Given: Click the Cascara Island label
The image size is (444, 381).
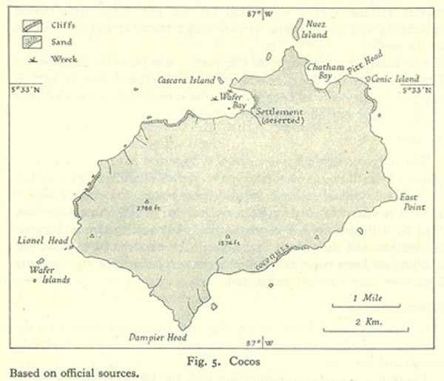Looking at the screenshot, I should click(186, 79).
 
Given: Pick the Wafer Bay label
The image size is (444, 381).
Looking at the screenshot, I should click(235, 101).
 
